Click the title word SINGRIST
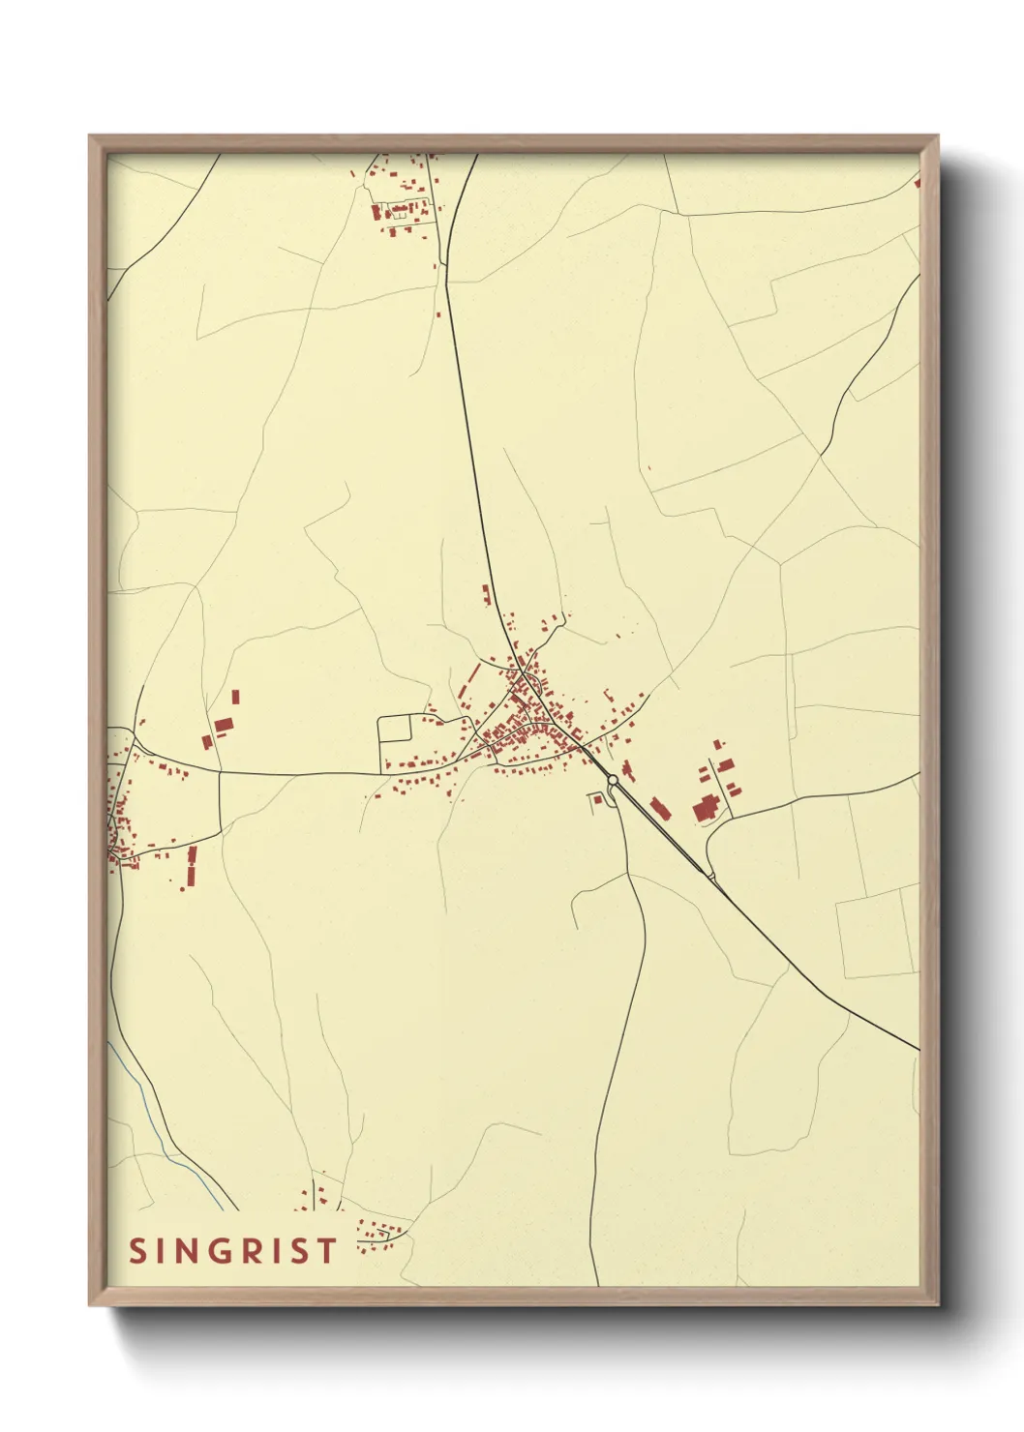pos(233,1250)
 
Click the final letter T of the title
pos(328,1250)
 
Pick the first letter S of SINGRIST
pos(137,1250)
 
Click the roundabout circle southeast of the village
pos(613,779)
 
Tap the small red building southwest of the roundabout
pos(596,798)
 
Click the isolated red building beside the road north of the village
pos(486,594)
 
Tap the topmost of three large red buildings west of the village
pos(235,697)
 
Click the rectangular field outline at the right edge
pos(876,935)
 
